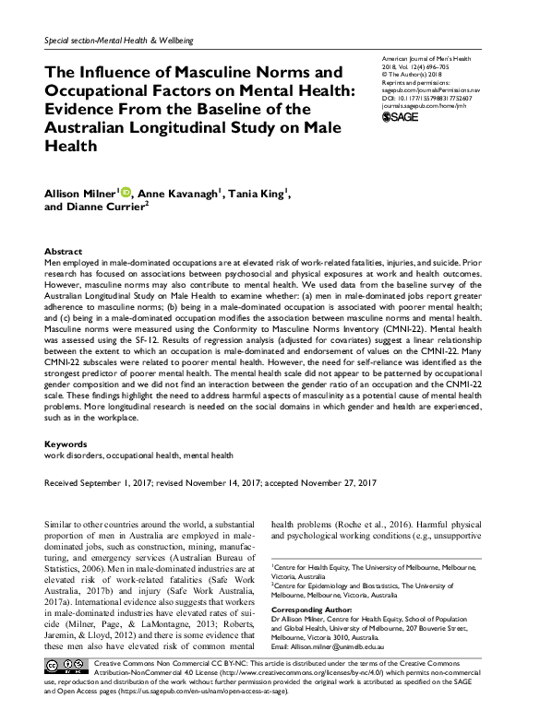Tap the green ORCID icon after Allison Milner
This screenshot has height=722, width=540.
click(126, 193)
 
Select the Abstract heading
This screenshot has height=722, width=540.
click(63, 252)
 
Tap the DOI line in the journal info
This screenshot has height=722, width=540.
click(426, 98)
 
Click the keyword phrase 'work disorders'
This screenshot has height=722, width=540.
click(73, 456)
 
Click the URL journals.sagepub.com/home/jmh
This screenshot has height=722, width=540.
click(421, 106)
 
